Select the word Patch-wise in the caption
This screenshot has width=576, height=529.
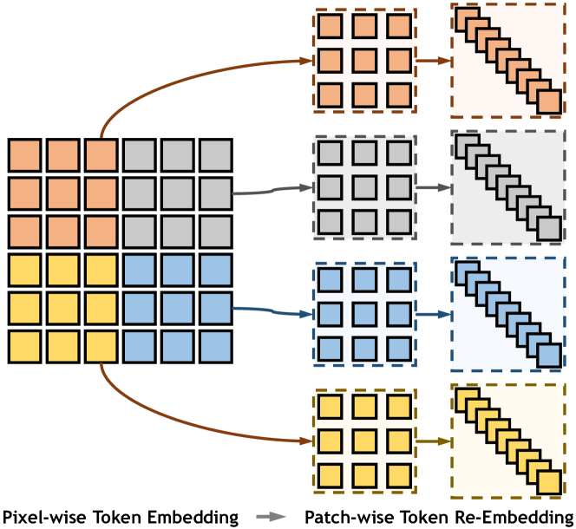click(342, 517)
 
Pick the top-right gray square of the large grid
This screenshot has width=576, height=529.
click(215, 155)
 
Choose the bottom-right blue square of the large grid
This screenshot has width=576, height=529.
click(215, 345)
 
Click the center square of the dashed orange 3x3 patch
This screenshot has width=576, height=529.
click(366, 61)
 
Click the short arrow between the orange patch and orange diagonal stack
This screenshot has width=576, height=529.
click(434, 61)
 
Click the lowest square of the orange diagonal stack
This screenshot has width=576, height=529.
click(549, 102)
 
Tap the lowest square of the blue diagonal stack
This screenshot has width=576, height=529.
click(549, 354)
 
